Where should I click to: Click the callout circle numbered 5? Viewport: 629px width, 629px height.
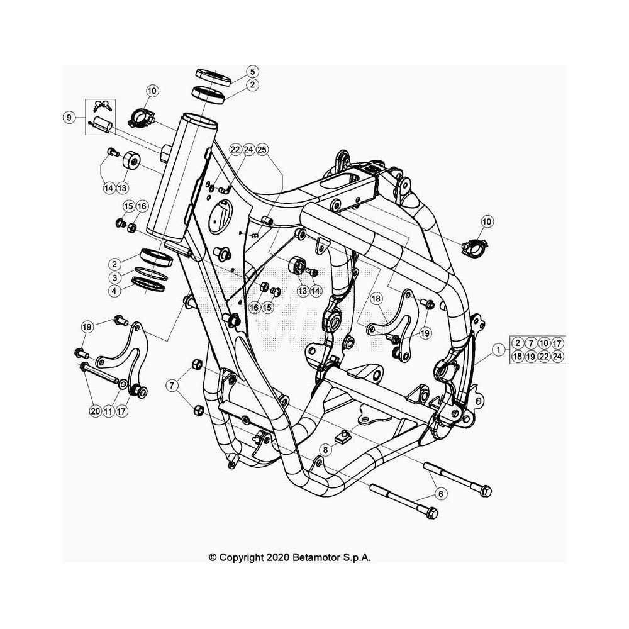(x=252, y=72)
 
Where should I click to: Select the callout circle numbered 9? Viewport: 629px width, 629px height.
(x=69, y=118)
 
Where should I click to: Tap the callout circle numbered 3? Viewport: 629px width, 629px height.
(x=114, y=277)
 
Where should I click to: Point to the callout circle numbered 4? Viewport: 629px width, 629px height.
(x=114, y=291)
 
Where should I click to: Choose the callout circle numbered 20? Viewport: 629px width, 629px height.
(x=95, y=411)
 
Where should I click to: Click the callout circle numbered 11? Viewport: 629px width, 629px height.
(x=108, y=411)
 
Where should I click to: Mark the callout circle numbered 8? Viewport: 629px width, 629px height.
(x=325, y=450)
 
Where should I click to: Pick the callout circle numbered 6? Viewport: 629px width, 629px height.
(x=441, y=494)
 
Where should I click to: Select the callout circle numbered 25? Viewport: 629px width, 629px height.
(x=262, y=150)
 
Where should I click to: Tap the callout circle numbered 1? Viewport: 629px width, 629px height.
(x=498, y=350)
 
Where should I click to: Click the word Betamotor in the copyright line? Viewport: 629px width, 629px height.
(x=316, y=557)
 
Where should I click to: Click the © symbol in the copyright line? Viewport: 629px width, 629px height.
(x=213, y=557)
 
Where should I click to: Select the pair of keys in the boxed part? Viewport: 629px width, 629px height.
(x=102, y=106)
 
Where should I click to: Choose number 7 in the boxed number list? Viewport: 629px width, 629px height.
(x=531, y=343)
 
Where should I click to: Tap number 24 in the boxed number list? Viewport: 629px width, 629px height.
(x=557, y=356)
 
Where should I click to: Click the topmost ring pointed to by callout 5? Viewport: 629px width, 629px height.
(x=213, y=77)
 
